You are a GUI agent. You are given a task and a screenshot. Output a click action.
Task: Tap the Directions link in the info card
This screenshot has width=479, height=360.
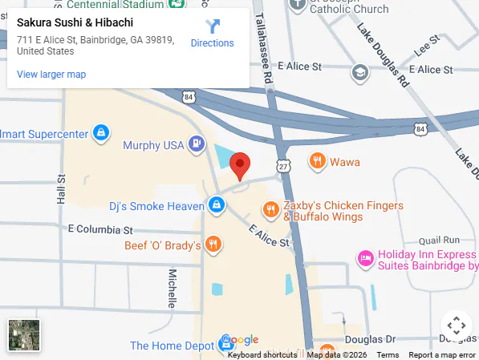pyautogui.click(x=212, y=34)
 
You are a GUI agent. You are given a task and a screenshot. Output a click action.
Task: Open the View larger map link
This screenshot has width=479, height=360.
pyautogui.click(x=51, y=75)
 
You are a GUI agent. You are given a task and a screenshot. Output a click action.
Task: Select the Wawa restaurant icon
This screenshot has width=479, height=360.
pyautogui.click(x=318, y=162)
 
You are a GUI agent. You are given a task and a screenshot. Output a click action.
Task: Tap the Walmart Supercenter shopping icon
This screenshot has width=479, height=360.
pyautogui.click(x=101, y=133)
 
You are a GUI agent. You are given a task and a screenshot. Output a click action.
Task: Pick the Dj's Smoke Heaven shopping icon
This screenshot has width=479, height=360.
pyautogui.click(x=216, y=206)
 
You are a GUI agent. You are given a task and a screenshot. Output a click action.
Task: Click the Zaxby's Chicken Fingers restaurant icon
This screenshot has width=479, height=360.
pyautogui.click(x=271, y=211)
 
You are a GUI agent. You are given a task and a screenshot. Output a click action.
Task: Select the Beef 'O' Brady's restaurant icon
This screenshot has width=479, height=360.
pyautogui.click(x=213, y=245)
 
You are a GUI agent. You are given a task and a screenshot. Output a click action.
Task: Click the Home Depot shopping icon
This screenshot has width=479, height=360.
pyautogui.click(x=227, y=345)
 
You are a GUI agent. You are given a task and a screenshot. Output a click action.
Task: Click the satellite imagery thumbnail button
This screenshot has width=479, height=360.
pyautogui.click(x=23, y=334)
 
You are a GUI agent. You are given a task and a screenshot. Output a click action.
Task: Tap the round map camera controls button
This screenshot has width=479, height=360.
pyautogui.click(x=456, y=326)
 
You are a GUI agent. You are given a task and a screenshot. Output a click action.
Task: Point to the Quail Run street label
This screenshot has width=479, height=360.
pyautogui.click(x=440, y=240)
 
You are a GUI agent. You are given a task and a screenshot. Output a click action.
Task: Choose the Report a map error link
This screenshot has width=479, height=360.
pyautogui.click(x=440, y=354)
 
